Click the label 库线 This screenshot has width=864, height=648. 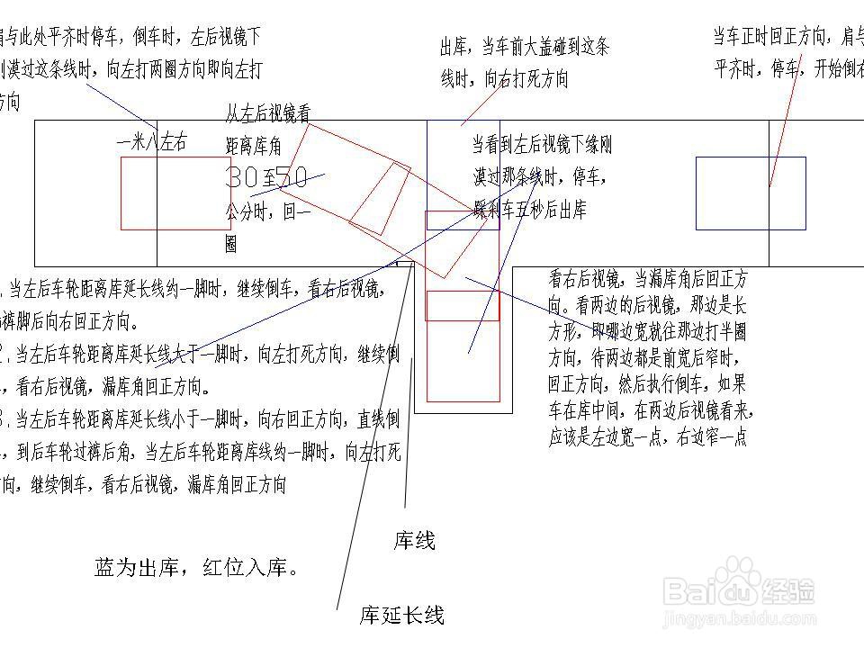coord(414,542)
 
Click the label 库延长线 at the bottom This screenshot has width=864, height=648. coord(401,616)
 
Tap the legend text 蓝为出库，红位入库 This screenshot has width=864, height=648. coord(196,569)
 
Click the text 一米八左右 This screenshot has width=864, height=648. coord(152,142)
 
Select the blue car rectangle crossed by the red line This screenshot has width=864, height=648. coord(751,193)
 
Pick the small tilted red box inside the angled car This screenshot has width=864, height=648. coord(379,198)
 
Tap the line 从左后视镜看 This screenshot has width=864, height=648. coord(267,114)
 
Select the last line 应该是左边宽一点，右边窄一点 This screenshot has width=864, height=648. coord(648,441)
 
